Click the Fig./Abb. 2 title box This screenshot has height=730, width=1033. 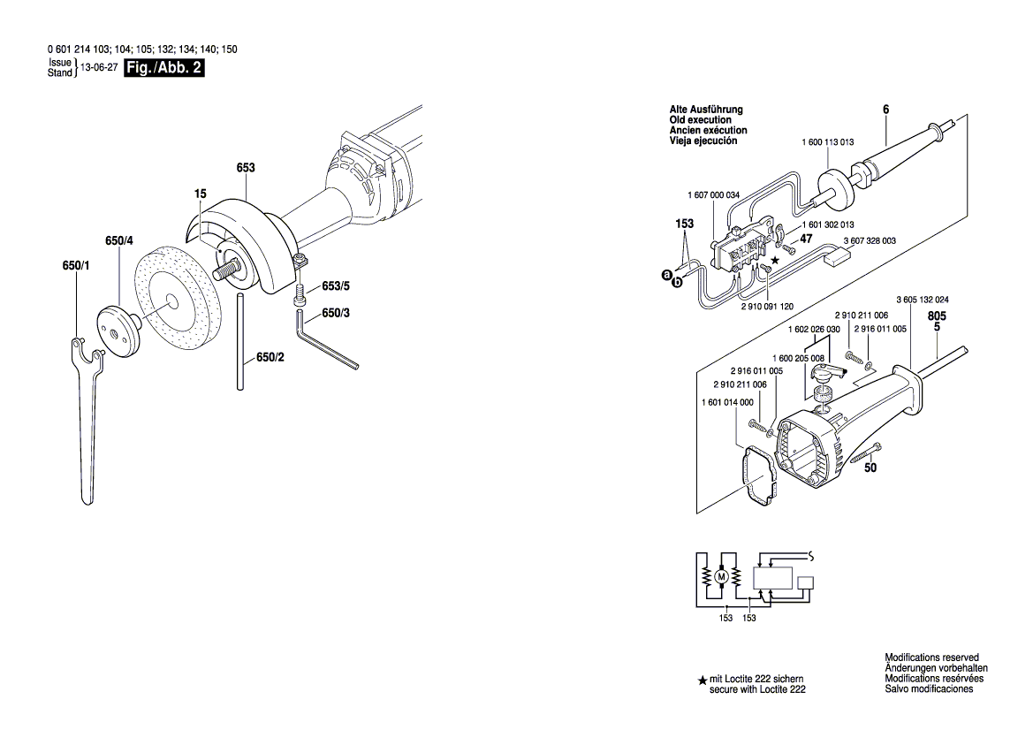tap(165, 68)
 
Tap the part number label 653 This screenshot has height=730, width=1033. tap(246, 167)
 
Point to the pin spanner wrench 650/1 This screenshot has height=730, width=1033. tap(87, 415)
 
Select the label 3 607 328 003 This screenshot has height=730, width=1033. tap(870, 240)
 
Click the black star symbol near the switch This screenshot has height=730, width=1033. tap(776, 260)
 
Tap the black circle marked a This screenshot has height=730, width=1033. tap(667, 276)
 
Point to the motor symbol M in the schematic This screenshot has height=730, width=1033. tap(721, 577)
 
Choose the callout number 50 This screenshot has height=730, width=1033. tap(870, 468)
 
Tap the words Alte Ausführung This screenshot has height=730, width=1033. tap(706, 110)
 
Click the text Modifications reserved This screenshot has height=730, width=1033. tap(931, 658)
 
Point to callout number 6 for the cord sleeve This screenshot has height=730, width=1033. tap(885, 109)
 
